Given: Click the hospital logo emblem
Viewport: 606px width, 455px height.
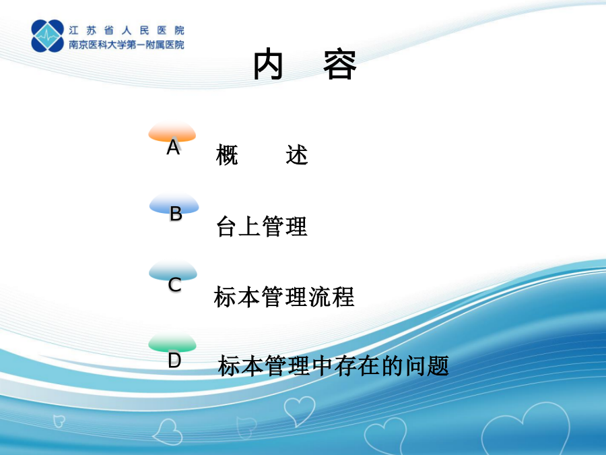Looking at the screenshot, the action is pos(48,36).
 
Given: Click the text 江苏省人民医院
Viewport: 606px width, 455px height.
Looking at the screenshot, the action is pos(127,30).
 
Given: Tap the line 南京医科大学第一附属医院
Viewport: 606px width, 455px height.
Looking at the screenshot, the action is pos(127,45).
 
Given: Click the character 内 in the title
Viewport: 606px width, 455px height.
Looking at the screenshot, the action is pos(268,65).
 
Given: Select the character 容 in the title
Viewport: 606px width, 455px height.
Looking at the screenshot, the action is pos(340,65).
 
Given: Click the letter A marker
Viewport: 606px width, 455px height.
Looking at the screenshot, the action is pos(173,147).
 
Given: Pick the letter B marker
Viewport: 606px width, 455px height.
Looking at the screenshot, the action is pos(176,214).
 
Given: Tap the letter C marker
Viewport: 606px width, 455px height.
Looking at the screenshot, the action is pos(174,284).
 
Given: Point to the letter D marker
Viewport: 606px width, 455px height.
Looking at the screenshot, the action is pos(174,360).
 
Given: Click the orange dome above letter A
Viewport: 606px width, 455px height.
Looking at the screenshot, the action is pos(172,131).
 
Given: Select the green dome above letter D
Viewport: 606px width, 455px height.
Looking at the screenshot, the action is pos(172,342).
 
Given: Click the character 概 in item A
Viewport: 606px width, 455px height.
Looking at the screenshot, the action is pos(227,155).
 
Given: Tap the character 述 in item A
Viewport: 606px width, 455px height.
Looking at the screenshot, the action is pos(297,155).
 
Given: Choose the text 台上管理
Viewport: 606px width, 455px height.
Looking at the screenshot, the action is pos(262,226).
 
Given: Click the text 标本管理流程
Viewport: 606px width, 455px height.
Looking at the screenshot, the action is pos(284,297).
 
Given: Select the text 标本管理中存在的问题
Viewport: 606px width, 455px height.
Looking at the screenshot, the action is pos(333,366).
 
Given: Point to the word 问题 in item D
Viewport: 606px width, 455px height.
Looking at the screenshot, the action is pos(427,366).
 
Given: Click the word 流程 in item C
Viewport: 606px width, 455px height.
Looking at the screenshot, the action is pos(331,297).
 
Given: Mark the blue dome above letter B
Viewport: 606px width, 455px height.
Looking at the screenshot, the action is pos(174,204).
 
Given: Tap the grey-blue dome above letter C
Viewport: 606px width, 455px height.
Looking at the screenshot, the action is pos(173,270).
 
